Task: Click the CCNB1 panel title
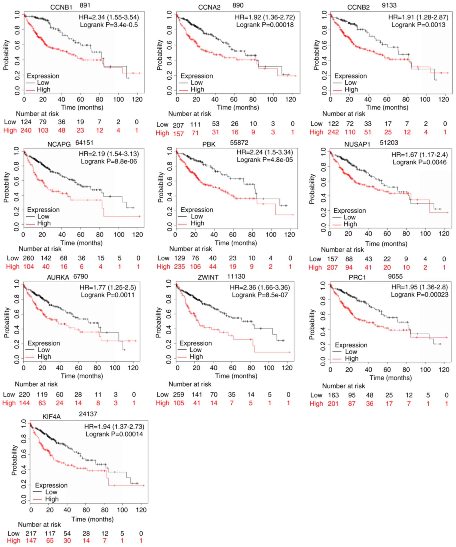61,7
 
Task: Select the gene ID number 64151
84,142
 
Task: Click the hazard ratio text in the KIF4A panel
114,426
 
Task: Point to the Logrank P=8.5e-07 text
260,295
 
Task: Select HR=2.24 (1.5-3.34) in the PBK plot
265,152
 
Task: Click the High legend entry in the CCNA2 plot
197,89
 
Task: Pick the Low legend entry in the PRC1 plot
351,352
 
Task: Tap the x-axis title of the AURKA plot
82,376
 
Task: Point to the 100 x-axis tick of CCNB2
425,99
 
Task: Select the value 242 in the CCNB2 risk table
333,132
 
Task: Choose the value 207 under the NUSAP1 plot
332,267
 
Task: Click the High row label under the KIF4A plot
13,540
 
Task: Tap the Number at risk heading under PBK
191,249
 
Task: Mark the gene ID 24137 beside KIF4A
88,414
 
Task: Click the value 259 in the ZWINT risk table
178,395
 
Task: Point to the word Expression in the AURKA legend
44,343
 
